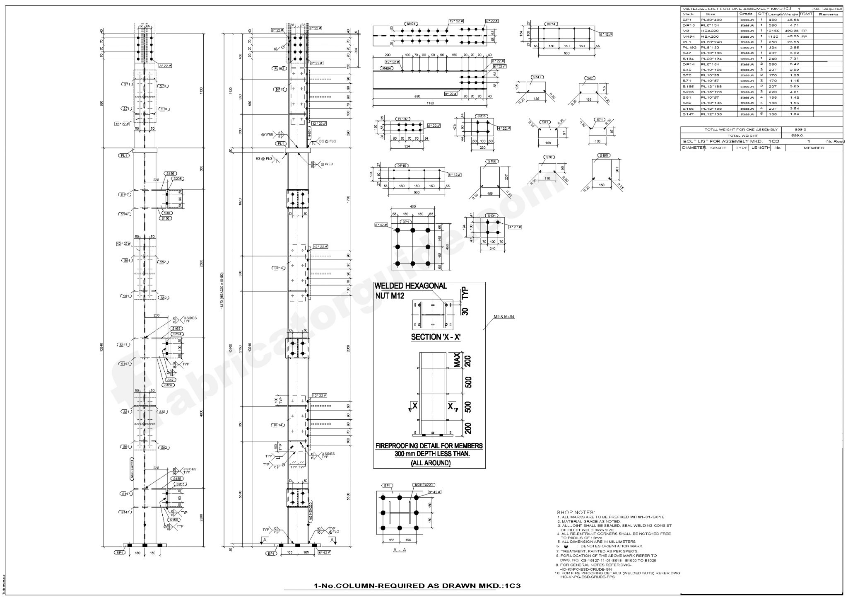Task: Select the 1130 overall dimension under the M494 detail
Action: pyautogui.click(x=431, y=103)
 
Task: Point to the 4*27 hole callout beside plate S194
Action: pyautogui.click(x=516, y=227)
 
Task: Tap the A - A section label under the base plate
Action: pyautogui.click(x=400, y=550)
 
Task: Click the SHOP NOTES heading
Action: pyautogui.click(x=576, y=513)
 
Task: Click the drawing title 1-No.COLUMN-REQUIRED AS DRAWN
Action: pyautogui.click(x=417, y=586)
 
